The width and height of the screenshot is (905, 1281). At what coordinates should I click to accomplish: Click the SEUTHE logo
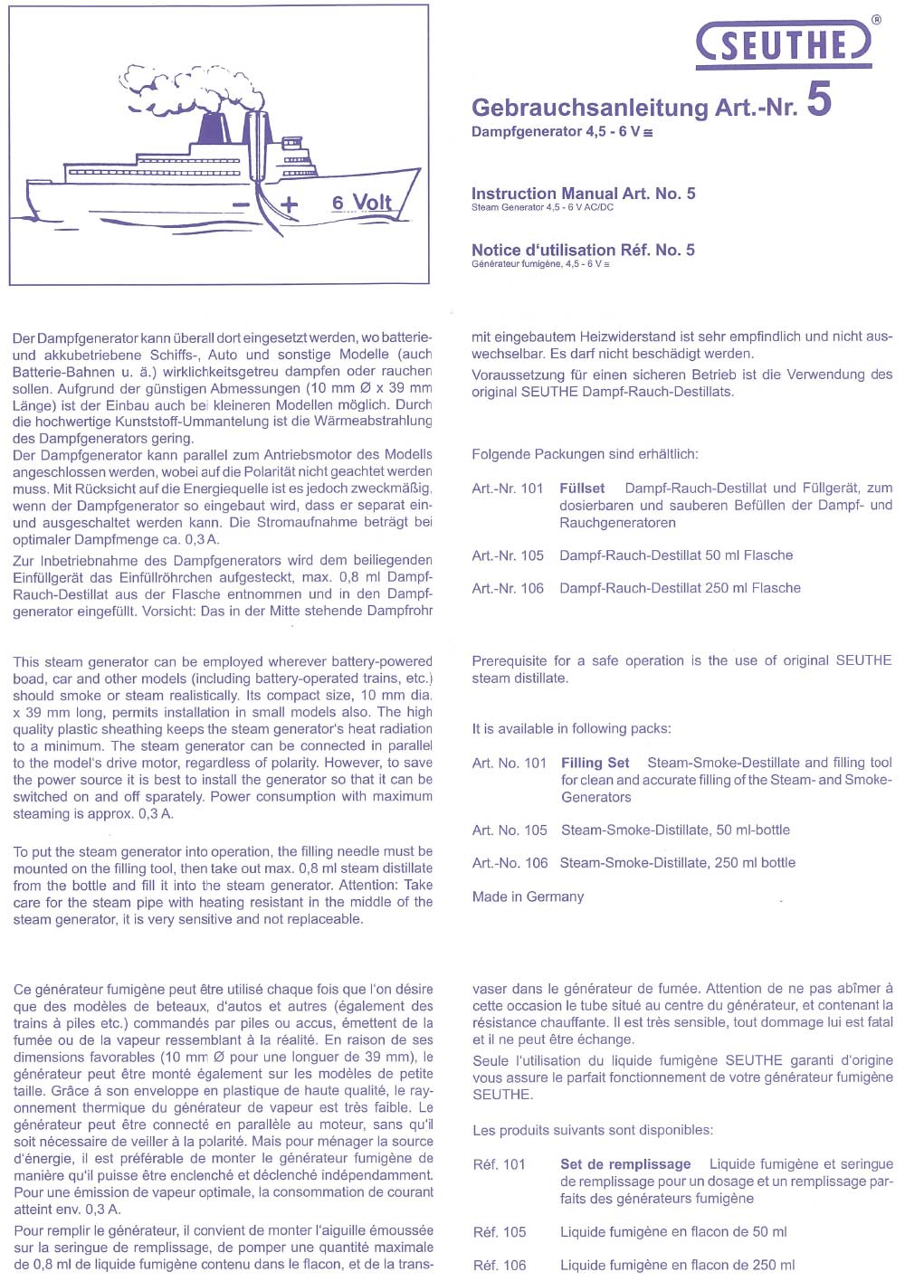click(x=784, y=44)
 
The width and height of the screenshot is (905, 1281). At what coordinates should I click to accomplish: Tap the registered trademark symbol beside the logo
click(x=875, y=19)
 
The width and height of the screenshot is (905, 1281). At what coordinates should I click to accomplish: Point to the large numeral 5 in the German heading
click(x=818, y=99)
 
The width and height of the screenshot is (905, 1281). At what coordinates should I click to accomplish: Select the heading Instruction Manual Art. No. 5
click(x=583, y=194)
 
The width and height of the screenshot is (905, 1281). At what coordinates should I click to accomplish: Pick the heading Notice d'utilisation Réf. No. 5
click(x=583, y=251)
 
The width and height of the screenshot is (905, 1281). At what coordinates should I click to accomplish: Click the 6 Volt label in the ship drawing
click(x=361, y=203)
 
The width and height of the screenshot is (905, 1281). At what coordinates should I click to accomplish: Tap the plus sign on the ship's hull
click(x=288, y=205)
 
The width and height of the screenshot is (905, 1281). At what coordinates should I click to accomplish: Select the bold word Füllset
click(x=582, y=489)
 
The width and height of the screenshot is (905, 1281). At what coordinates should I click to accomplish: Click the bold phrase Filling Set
click(x=595, y=763)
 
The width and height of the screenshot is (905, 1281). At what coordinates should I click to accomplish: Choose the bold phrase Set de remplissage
click(x=624, y=1164)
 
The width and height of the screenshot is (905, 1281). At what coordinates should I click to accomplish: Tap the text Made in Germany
click(x=528, y=897)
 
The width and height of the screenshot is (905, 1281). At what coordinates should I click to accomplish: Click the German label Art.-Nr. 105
click(x=507, y=555)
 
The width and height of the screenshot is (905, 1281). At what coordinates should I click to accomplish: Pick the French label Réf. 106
click(x=499, y=1265)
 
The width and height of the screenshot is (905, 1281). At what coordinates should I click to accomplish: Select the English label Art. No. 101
click(x=509, y=763)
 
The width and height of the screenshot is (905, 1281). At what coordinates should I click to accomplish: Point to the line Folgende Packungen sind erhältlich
click(x=584, y=454)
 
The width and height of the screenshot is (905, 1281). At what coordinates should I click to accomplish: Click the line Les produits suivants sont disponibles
click(x=592, y=1130)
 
